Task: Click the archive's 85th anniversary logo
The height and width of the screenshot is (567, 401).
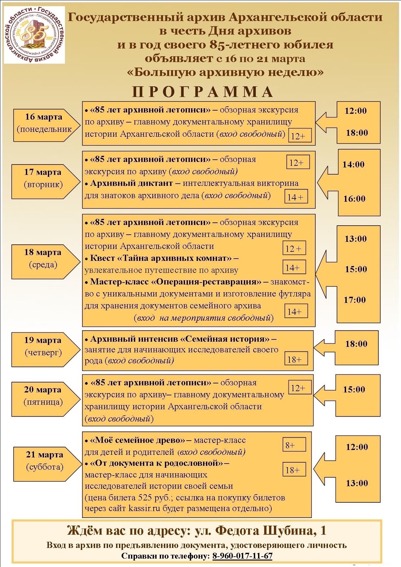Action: [35, 35]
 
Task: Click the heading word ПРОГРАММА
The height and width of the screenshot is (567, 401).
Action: [203, 92]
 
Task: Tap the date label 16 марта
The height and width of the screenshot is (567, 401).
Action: [44, 117]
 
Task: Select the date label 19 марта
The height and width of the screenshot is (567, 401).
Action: [42, 340]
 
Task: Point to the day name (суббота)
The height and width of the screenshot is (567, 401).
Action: [45, 467]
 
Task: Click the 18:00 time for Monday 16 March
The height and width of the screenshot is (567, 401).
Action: [357, 133]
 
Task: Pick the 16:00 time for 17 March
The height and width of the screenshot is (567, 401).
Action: [354, 198]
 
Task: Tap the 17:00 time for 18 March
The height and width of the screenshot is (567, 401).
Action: [355, 300]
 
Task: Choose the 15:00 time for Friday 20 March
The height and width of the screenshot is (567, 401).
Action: [354, 389]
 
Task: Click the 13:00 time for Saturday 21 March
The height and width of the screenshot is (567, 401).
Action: [357, 483]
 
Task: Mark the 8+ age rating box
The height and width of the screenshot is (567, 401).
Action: [294, 445]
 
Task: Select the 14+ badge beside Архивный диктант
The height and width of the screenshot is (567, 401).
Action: [296, 197]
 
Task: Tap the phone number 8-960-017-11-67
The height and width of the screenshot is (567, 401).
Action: [242, 556]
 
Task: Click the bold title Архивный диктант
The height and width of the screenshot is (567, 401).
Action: [131, 183]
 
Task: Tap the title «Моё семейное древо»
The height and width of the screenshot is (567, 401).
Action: [137, 440]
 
